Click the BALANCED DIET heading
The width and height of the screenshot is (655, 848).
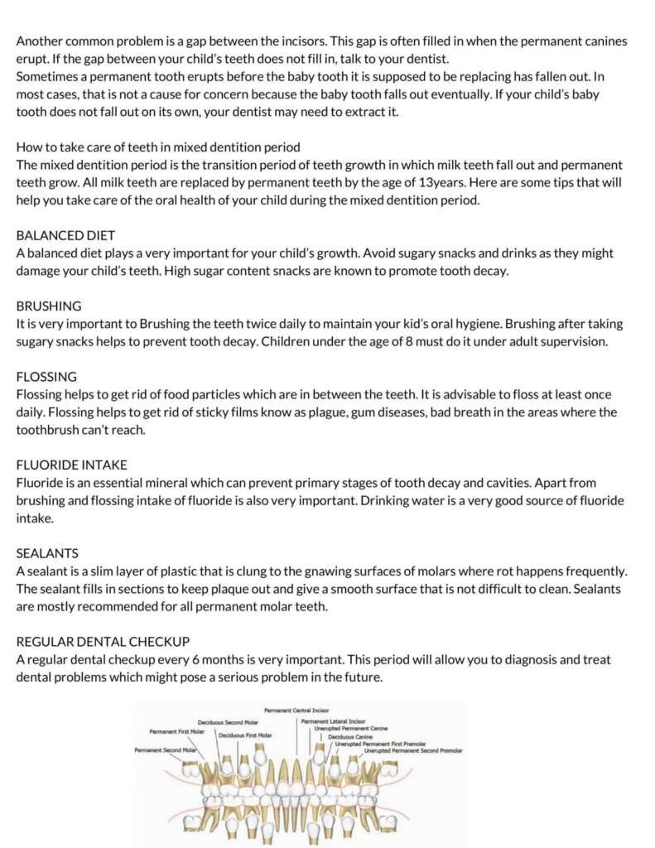tap(65, 235)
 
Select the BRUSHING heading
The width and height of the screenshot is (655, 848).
tap(49, 306)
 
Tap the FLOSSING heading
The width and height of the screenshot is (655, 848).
tap(47, 376)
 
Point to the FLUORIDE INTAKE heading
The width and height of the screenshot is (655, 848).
tap(72, 465)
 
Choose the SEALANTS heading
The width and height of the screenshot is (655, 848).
tap(47, 553)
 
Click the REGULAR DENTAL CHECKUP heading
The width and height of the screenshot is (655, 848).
tap(103, 641)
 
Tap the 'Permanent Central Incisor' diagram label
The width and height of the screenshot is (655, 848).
tap(296, 711)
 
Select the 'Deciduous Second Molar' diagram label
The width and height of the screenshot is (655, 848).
tap(228, 722)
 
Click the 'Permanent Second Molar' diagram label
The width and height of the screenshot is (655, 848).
tap(166, 749)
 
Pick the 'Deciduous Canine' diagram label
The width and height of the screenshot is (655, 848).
tap(349, 736)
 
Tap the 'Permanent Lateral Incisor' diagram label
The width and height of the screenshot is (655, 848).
tap(333, 721)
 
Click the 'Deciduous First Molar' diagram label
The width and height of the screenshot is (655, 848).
tap(245, 735)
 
